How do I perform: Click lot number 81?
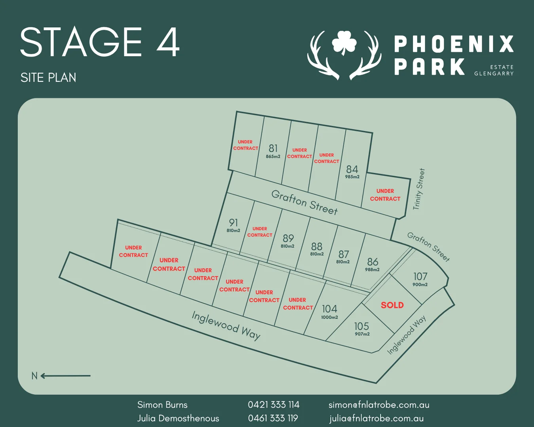tap(273, 148)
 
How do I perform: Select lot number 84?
tap(352, 169)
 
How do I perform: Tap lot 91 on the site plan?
tap(233, 223)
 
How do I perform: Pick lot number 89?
tap(288, 238)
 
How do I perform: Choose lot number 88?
tap(316, 246)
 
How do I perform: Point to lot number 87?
tap(343, 254)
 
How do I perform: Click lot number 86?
tap(372, 262)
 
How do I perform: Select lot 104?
tap(329, 309)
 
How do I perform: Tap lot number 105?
tap(362, 326)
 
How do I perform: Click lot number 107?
tap(420, 276)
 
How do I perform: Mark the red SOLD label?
tap(392, 305)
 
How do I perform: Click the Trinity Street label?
tap(418, 189)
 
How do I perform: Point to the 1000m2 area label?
tap(329, 317)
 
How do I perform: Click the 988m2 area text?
tap(372, 270)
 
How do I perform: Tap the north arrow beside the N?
tap(66, 376)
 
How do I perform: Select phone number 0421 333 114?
tap(273, 404)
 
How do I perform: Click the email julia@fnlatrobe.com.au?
tap(376, 418)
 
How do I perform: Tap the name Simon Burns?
tap(162, 404)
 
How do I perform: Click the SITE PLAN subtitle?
tap(48, 77)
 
